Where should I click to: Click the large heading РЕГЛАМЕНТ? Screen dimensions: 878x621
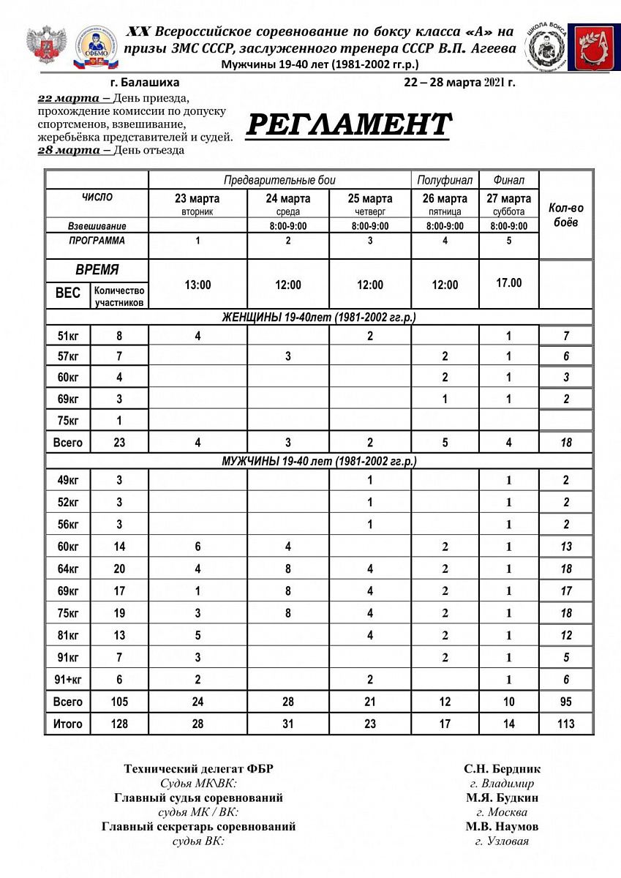point(347,125)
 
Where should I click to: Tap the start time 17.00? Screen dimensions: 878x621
point(509,282)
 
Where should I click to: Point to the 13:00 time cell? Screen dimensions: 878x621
point(197,285)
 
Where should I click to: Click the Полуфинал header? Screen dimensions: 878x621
point(445,180)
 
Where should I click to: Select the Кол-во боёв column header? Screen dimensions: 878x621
point(566,214)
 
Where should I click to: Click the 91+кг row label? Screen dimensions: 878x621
point(68,679)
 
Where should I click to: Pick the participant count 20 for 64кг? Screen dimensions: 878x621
point(119,569)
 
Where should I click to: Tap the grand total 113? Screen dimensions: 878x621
point(566,724)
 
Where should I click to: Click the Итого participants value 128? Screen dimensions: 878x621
point(119,724)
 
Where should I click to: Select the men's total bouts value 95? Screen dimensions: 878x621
point(566,702)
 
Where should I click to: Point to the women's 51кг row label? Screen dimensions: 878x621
point(68,337)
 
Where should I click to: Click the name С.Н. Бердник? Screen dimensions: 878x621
point(502,769)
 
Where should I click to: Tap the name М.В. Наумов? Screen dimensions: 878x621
point(502,827)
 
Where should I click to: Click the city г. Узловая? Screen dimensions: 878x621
point(502,841)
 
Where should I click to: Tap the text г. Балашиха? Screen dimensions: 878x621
point(143,83)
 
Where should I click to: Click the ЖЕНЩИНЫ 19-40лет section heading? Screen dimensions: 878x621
point(319,318)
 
